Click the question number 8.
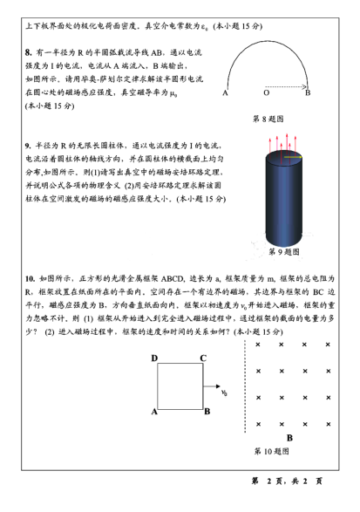point(29,53)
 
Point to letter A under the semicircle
point(225,92)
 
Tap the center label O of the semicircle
point(266,92)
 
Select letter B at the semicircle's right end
point(308,92)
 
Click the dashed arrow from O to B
point(288,85)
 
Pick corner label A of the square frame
point(154,411)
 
